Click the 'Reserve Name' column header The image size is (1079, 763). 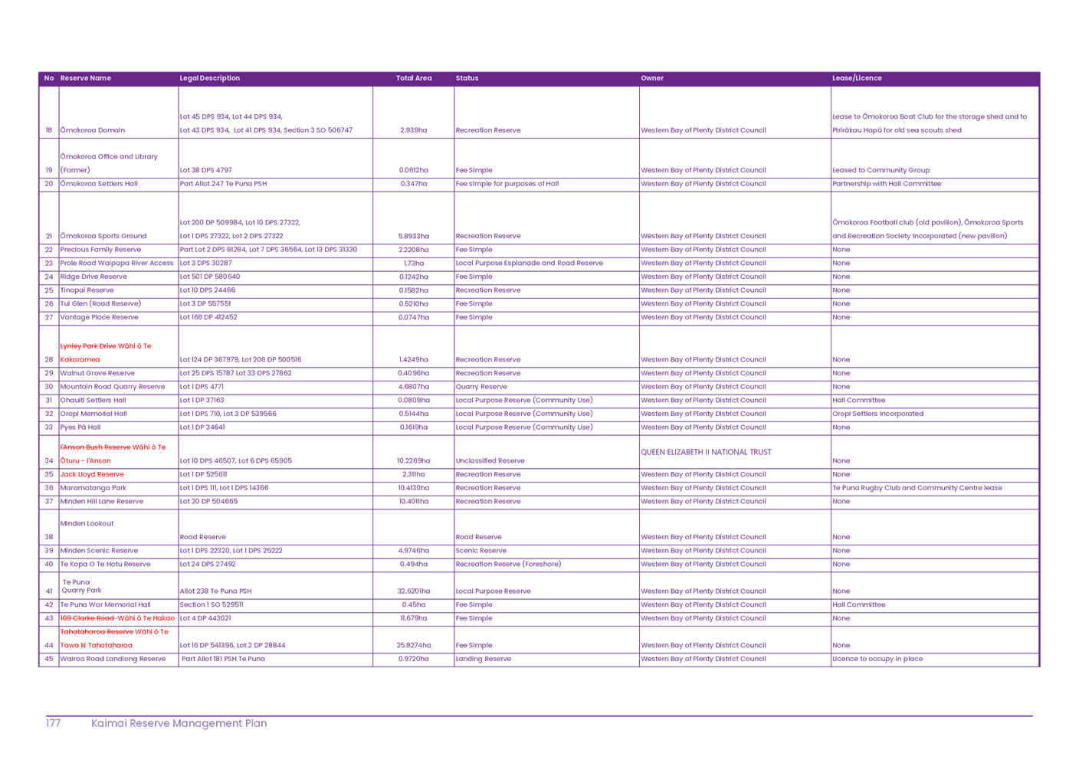coord(86,78)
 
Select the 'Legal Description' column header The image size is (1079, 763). coord(209,78)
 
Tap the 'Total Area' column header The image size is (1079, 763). coord(414,78)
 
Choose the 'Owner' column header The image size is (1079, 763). coord(652,78)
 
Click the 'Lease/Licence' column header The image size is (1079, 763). coord(857,78)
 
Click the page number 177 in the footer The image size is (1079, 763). coord(54,723)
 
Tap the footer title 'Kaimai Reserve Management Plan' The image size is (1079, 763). coord(180,723)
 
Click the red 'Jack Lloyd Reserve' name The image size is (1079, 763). coord(92,475)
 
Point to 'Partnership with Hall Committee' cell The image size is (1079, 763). coord(887,184)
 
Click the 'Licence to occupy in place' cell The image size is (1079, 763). coord(878,659)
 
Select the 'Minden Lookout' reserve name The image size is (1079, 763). coord(87,524)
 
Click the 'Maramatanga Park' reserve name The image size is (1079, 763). coord(94,488)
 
